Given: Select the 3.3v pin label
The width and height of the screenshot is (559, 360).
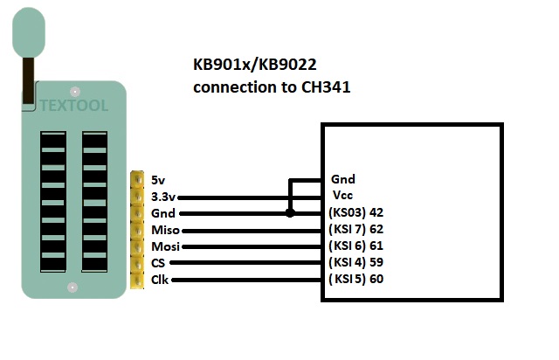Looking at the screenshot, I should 162,197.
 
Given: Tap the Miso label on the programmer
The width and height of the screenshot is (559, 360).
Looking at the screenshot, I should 165,230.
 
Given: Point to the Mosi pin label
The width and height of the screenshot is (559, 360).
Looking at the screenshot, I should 165,246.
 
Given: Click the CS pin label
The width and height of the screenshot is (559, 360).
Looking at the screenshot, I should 159,263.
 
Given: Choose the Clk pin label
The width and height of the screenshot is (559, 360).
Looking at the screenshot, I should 159,280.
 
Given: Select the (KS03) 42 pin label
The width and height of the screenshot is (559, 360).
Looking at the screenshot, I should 357,212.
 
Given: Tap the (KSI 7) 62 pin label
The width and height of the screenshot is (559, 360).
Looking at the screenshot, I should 357,229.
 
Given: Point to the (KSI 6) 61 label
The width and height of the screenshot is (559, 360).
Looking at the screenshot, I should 357,246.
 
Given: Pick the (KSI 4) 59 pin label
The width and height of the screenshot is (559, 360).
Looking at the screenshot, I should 357,262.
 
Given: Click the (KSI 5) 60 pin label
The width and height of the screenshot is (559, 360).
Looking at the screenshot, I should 357,279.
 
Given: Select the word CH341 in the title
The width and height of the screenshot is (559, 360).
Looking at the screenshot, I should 325,87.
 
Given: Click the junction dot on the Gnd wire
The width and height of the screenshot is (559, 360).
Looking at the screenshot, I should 291,213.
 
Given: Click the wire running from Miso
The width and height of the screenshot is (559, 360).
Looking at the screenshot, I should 253,230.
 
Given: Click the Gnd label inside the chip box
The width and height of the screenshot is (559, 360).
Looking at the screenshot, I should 342,179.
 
